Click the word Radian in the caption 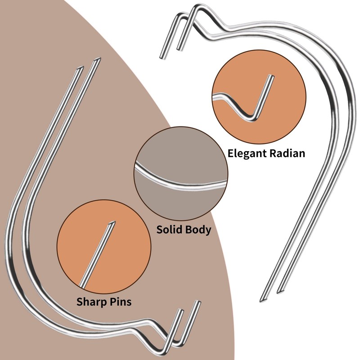point(287,153)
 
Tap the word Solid point(169,230)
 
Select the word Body point(198,230)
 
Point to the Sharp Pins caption point(103,301)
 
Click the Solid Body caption point(184,230)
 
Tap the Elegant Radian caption point(266,153)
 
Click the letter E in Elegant point(231,153)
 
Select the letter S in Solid point(160,230)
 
